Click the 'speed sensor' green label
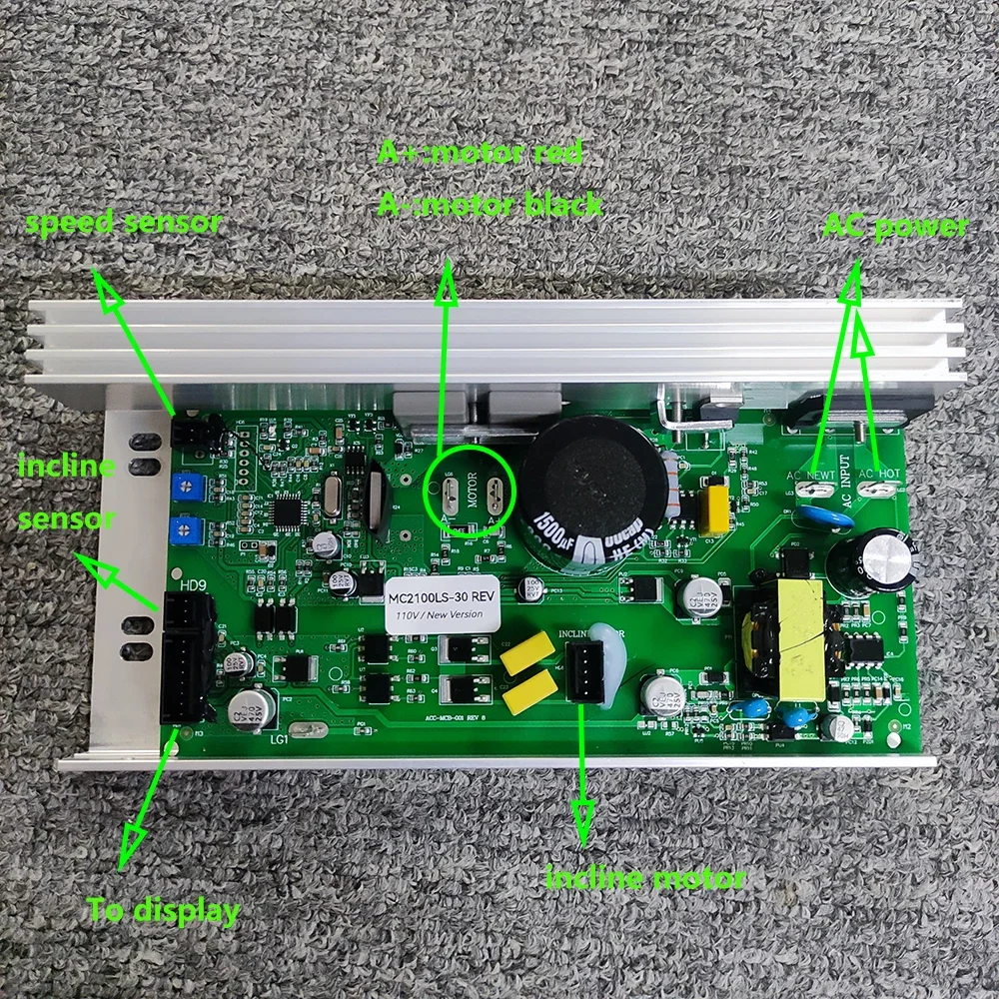[x=123, y=223]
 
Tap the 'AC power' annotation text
[x=895, y=227]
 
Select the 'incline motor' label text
[x=644, y=878]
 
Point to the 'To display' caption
[x=164, y=910]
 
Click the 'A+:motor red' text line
[x=480, y=153]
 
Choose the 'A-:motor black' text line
[x=490, y=205]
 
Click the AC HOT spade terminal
[x=879, y=490]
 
